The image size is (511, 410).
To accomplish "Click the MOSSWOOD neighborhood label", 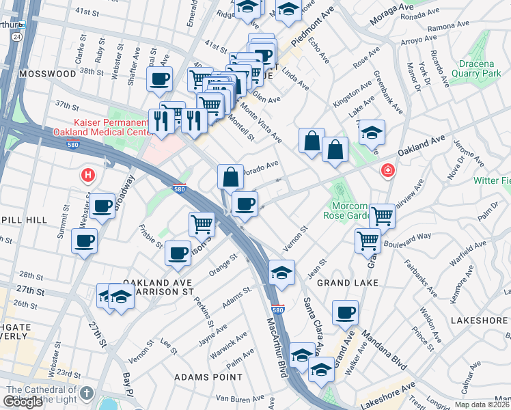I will (47, 73).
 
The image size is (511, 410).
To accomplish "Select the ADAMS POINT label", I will (208, 377).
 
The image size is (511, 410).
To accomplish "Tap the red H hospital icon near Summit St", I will (87, 176).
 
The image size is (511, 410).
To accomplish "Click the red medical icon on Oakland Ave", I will (387, 169).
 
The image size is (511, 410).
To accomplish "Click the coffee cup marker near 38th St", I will (159, 79).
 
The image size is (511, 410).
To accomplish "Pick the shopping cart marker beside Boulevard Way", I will (368, 240).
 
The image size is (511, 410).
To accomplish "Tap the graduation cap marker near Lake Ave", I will (372, 133).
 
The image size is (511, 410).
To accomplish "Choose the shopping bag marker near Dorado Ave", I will (231, 176).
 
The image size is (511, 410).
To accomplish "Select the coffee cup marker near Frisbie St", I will (178, 252).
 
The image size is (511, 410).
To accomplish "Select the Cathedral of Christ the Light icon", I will (86, 393).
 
